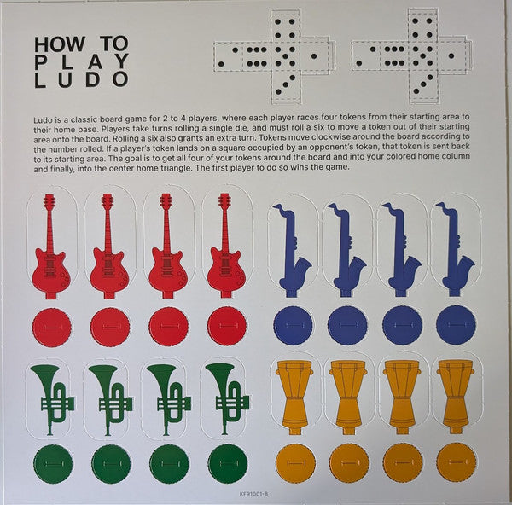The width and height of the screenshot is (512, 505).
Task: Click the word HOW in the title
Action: (x=60, y=44)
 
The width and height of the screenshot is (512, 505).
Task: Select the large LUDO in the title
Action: (x=81, y=79)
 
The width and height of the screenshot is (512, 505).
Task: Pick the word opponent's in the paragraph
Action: (x=328, y=148)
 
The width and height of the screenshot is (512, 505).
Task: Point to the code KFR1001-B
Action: (x=253, y=494)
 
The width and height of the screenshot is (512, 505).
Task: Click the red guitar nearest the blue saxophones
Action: (x=225, y=246)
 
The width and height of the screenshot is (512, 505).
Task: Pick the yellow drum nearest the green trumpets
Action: (x=294, y=398)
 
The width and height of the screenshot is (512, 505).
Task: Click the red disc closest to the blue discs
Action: (x=227, y=326)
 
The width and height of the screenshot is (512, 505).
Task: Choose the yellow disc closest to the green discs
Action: (x=295, y=462)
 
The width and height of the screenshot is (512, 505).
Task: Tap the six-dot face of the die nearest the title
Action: (x=256, y=56)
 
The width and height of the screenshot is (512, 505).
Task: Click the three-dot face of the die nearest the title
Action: (x=285, y=84)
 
